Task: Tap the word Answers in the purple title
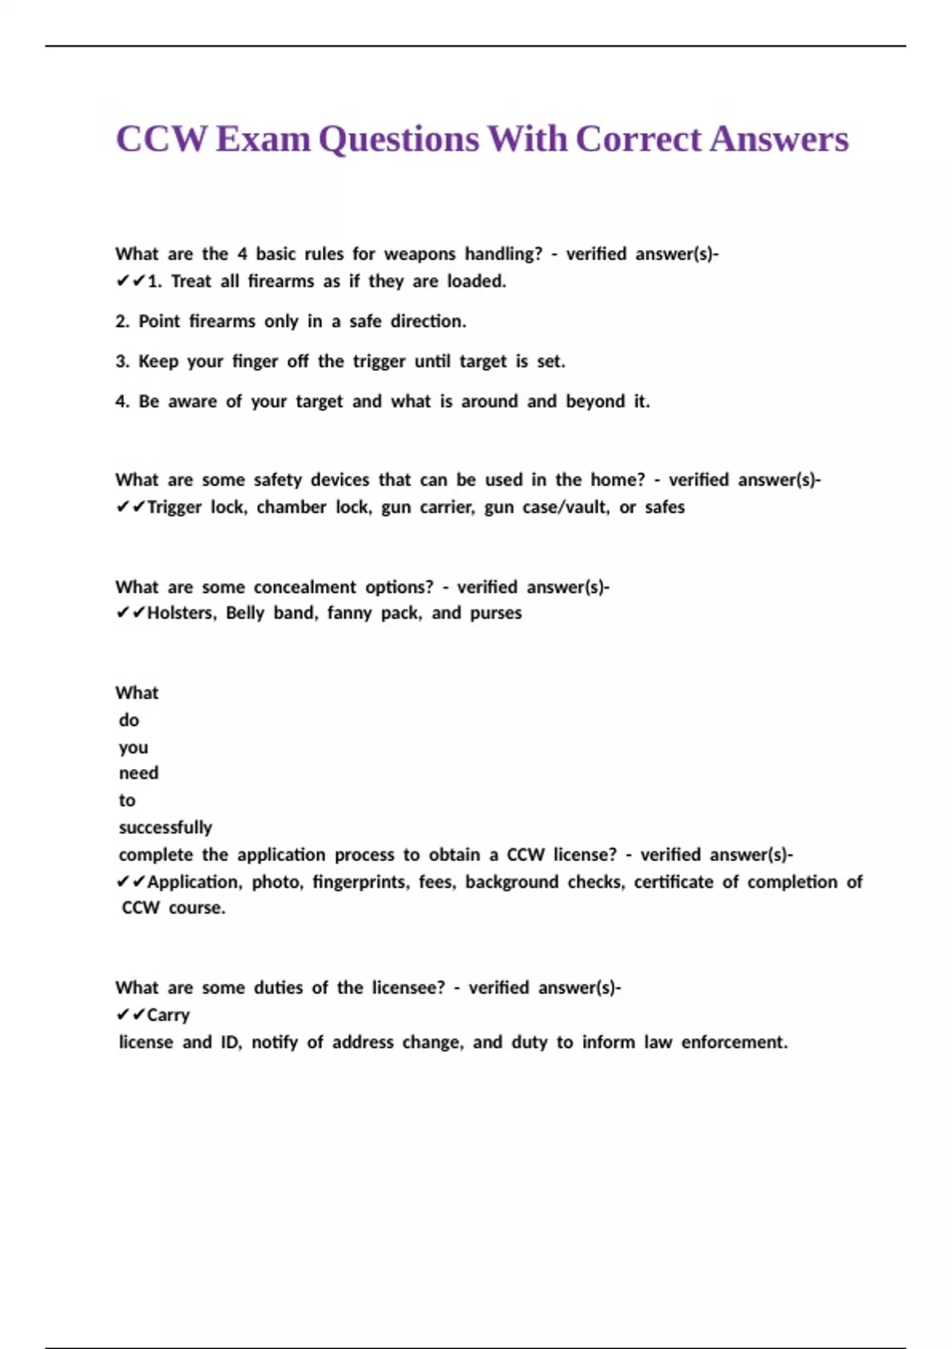(779, 139)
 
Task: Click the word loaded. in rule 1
(476, 281)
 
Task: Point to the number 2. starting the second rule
(122, 321)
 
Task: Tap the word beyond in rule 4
(595, 402)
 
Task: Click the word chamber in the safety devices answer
(291, 507)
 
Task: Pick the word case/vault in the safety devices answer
(566, 507)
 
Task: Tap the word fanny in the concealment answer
(349, 613)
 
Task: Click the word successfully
(165, 828)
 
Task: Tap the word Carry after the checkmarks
(168, 1015)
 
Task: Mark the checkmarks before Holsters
(130, 613)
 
